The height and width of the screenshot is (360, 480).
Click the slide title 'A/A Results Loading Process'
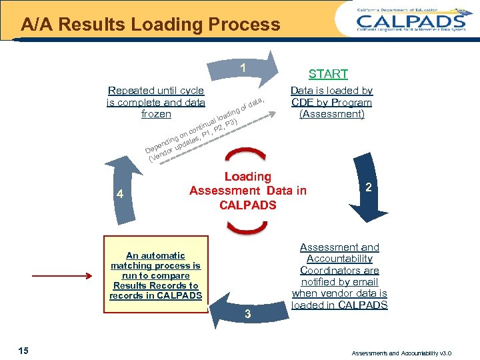(x=150, y=25)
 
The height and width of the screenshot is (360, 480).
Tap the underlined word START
(x=328, y=74)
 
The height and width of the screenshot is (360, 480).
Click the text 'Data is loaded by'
(x=331, y=91)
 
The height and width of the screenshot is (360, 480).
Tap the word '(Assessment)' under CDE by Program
(x=331, y=114)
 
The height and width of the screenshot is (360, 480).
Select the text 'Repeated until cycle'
(x=155, y=91)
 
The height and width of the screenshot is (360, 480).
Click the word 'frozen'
(x=156, y=114)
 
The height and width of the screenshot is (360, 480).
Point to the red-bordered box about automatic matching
(x=155, y=275)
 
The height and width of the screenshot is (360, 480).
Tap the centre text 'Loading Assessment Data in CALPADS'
(x=247, y=191)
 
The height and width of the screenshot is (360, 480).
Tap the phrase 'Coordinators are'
(x=339, y=270)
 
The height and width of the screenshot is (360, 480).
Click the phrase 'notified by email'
(x=339, y=282)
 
